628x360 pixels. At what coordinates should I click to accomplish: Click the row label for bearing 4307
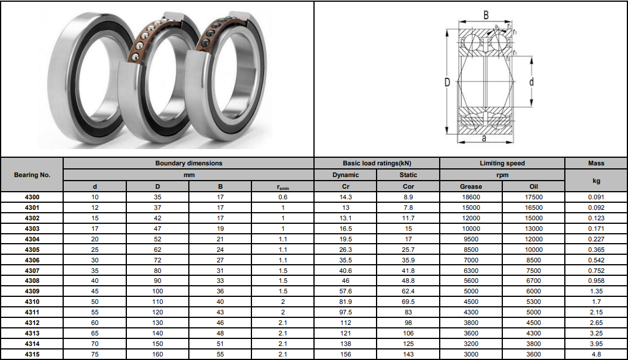click(x=32, y=271)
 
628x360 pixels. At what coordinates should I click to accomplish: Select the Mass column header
click(x=596, y=164)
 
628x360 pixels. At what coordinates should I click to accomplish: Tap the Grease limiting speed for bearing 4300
click(x=471, y=197)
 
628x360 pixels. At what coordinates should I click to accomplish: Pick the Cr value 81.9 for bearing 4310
click(x=345, y=302)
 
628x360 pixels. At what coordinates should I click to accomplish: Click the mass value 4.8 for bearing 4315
click(x=596, y=354)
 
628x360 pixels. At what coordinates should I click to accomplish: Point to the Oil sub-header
click(x=533, y=186)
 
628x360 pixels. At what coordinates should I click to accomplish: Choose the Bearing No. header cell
click(x=32, y=175)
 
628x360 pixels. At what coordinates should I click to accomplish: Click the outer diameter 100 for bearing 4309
click(x=157, y=292)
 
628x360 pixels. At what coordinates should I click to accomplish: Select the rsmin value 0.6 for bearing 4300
click(x=283, y=197)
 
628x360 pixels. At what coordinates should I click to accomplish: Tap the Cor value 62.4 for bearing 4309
click(x=408, y=292)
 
